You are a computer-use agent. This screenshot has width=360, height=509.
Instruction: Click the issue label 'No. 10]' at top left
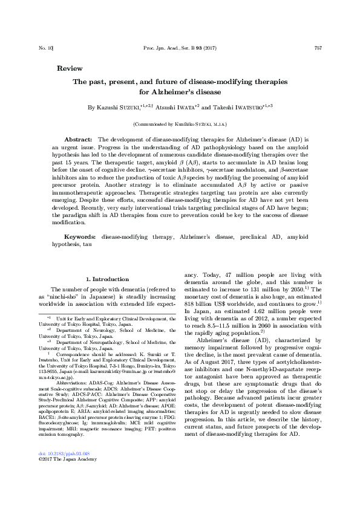(46, 48)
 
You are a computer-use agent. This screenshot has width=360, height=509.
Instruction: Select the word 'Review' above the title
(69, 69)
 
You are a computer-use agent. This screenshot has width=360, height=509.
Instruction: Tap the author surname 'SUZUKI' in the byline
(128, 108)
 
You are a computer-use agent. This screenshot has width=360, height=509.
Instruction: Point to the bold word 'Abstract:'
(77, 139)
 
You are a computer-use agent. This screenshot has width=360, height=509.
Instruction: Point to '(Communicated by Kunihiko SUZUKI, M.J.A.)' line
(180, 123)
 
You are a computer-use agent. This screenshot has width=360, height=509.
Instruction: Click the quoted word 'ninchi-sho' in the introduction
(69, 298)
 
